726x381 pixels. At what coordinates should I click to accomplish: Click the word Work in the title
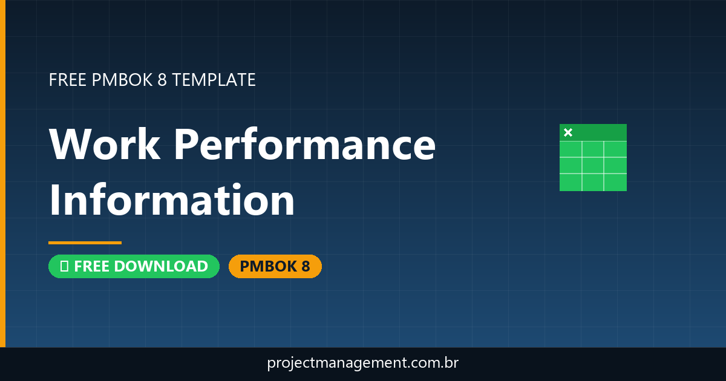point(105,145)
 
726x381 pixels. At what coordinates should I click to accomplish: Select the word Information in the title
point(172,201)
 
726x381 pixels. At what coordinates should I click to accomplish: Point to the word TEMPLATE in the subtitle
point(214,80)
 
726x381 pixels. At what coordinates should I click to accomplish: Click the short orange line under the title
point(85,243)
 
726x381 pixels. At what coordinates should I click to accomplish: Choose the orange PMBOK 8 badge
point(275,266)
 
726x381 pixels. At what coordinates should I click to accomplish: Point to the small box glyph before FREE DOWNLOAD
point(64,266)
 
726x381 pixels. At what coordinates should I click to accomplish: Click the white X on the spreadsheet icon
point(568,132)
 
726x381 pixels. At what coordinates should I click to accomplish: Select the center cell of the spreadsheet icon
point(593,165)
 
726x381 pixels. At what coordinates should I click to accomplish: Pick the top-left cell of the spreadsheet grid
point(571,149)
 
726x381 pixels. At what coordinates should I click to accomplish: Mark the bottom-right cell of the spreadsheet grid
point(615,181)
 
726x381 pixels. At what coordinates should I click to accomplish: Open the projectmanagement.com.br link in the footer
point(363,363)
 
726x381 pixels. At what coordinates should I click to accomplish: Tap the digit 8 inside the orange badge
point(305,266)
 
